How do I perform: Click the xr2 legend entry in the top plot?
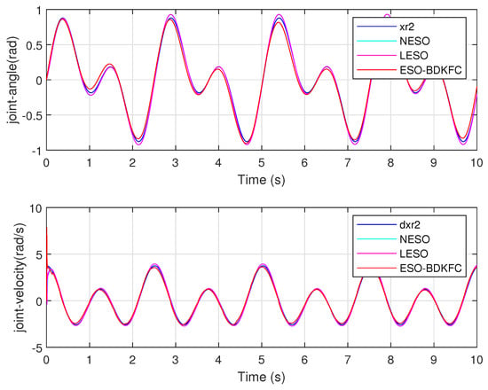coord(406,27)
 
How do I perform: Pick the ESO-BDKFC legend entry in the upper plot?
coord(430,70)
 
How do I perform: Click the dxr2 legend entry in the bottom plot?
coord(410,224)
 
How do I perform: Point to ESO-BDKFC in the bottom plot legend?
coord(430,268)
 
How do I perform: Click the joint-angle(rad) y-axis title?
coord(14,80)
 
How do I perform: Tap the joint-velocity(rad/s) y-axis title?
coord(20,277)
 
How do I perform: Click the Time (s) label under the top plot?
coord(262,180)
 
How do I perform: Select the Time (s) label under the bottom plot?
coord(262,377)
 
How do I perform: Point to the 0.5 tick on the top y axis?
coord(34,45)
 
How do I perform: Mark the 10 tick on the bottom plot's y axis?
coord(35,208)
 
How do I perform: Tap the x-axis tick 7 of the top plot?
coord(348,163)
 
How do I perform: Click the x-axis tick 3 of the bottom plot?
coord(176,360)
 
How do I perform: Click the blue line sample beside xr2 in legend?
coord(376,27)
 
